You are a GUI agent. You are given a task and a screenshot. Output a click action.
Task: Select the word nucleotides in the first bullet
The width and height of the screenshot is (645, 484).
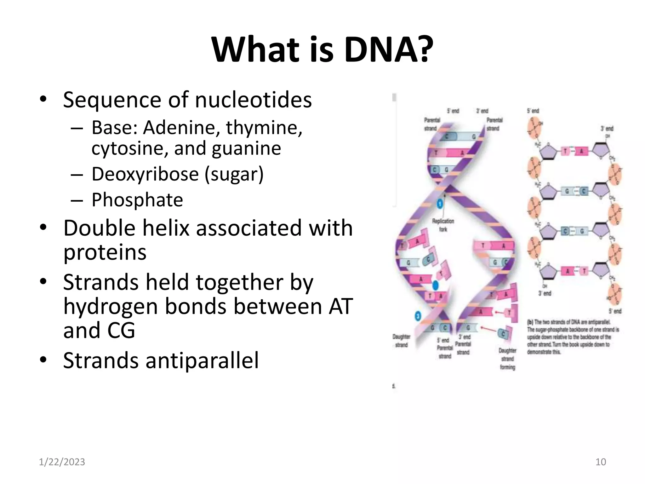253,100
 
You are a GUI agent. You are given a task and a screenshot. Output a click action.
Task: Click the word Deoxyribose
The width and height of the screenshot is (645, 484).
145,174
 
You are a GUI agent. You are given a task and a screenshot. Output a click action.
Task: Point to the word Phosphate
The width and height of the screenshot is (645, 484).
137,200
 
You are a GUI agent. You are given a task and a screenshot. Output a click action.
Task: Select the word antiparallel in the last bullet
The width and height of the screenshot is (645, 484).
202,360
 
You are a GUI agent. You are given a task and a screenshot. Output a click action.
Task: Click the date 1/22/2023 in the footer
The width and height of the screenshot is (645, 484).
62,462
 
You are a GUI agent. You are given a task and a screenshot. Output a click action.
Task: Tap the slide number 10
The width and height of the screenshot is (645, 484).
601,462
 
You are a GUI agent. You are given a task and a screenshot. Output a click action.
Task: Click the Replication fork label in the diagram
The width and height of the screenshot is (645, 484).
443,225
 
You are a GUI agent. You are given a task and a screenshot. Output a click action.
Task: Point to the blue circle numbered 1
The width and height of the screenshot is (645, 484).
440,204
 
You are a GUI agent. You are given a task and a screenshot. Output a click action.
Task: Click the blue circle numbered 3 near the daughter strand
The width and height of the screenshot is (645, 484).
418,316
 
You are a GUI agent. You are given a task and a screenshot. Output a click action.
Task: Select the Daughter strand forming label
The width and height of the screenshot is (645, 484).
507,359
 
